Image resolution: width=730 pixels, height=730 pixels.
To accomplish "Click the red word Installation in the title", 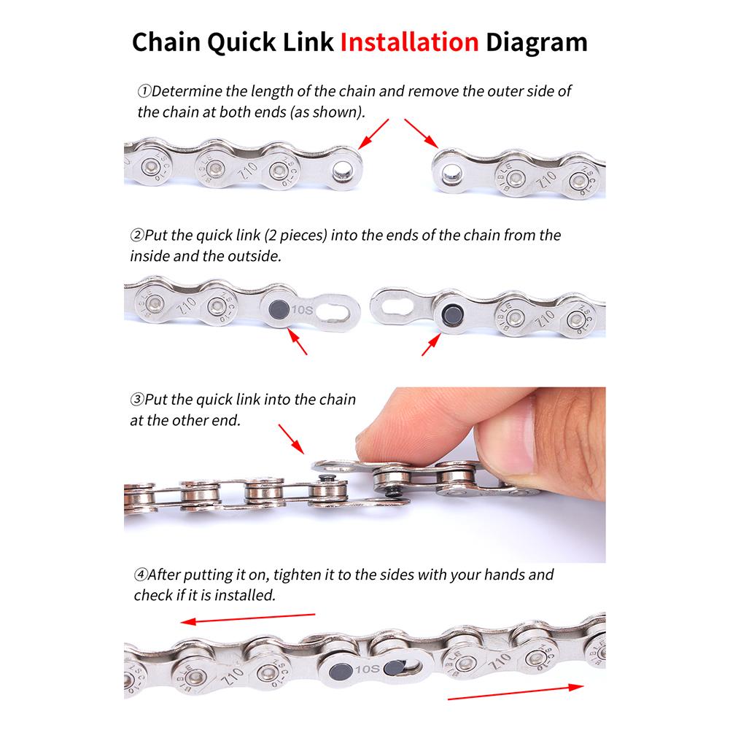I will (x=409, y=42).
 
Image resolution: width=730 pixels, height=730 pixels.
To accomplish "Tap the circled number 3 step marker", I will (x=137, y=400).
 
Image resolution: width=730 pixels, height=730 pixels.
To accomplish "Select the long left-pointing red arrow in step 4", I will (x=248, y=618).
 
